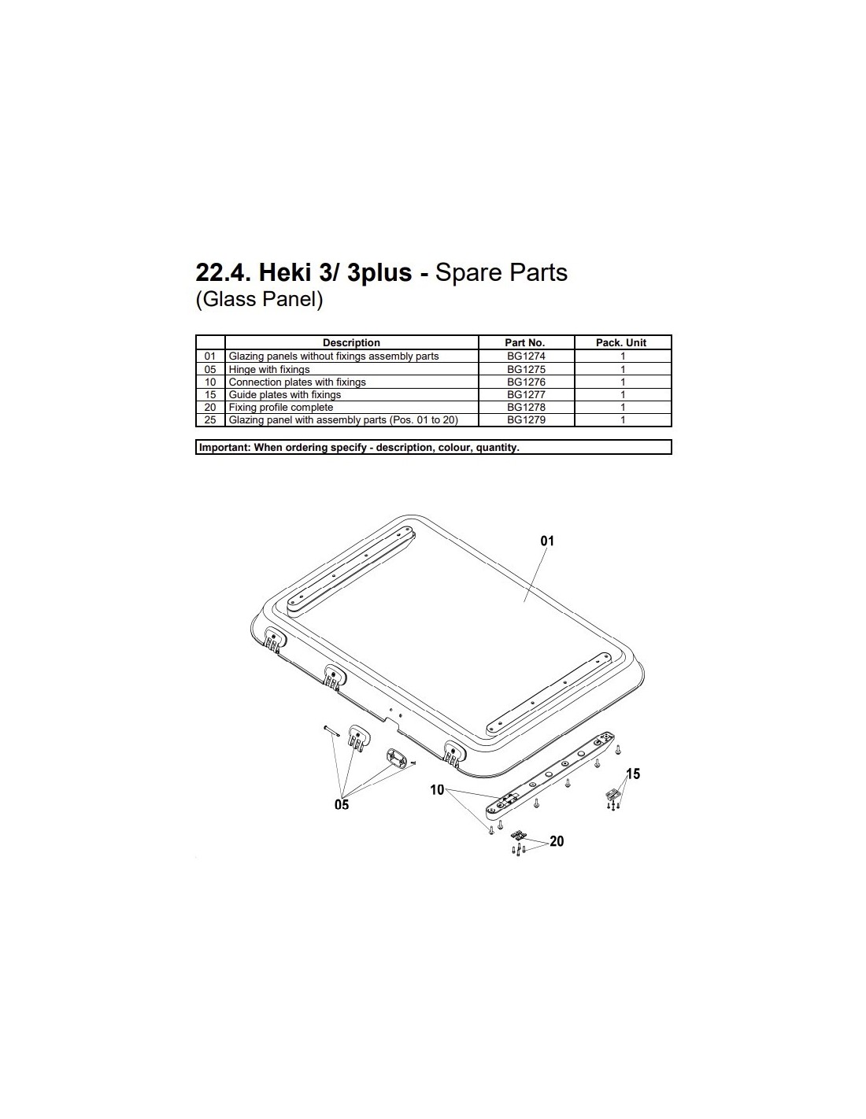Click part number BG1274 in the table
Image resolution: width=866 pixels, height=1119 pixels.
(525, 356)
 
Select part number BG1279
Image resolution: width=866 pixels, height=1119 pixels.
(525, 419)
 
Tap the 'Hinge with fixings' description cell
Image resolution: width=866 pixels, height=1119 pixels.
(269, 369)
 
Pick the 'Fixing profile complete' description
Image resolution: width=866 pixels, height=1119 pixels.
(281, 408)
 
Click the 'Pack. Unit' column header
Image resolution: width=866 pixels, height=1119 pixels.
(621, 342)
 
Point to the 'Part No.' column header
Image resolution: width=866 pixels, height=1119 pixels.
(524, 342)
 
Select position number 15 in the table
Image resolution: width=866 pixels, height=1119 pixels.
(210, 394)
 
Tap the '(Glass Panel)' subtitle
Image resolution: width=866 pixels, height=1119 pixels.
(259, 299)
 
